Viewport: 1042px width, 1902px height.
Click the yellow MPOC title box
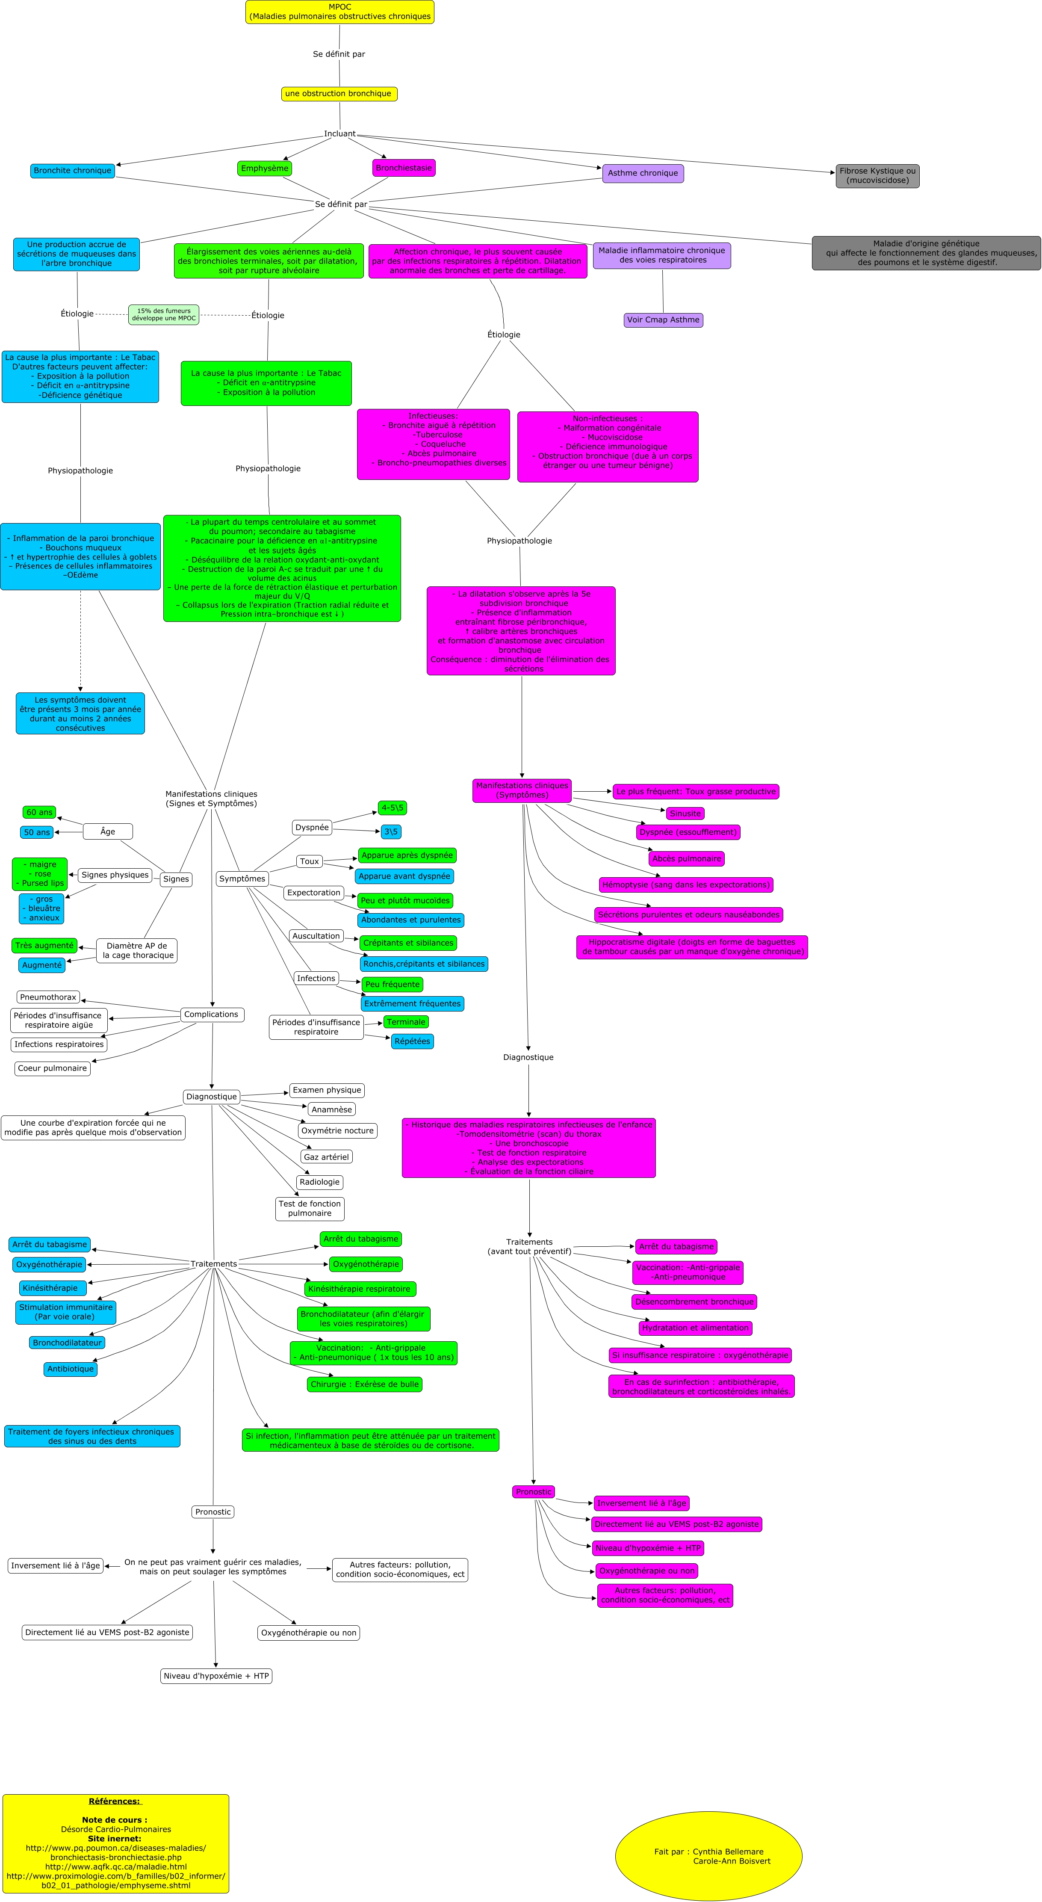point(339,12)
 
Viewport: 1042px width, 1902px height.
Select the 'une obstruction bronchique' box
point(339,94)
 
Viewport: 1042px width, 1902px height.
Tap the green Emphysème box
point(264,169)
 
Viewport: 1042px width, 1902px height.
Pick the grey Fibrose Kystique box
point(877,176)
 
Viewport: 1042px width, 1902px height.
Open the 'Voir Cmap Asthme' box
point(663,319)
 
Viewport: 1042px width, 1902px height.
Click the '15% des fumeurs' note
point(164,314)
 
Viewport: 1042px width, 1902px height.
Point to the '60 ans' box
point(39,812)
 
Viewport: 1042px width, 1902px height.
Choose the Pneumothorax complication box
point(48,997)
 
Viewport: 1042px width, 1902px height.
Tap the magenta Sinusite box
point(684,813)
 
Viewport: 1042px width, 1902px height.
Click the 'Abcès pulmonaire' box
point(686,859)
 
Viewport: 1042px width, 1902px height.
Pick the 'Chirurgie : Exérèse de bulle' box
point(365,1384)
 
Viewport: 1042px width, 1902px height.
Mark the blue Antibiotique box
point(70,1369)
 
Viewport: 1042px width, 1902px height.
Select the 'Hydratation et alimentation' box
point(695,1328)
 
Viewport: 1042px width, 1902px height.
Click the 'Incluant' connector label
point(339,133)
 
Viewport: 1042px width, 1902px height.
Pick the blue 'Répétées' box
point(412,1041)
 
